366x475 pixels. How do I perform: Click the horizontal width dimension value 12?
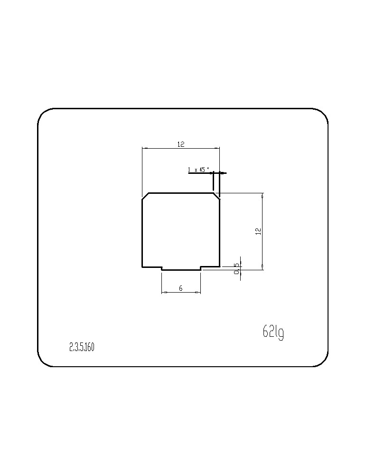pyautogui.click(x=181, y=144)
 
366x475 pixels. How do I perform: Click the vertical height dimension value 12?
pyautogui.click(x=258, y=231)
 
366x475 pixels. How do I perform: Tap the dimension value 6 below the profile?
pyautogui.click(x=181, y=288)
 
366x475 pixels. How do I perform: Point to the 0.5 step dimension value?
pyautogui.click(x=237, y=268)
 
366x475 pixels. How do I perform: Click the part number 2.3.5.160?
pyautogui.click(x=82, y=347)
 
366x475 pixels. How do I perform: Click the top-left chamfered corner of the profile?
pyautogui.click(x=145, y=196)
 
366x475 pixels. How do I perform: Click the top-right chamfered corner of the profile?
pyautogui.click(x=217, y=196)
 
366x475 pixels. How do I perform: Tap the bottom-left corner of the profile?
pyautogui.click(x=142, y=267)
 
